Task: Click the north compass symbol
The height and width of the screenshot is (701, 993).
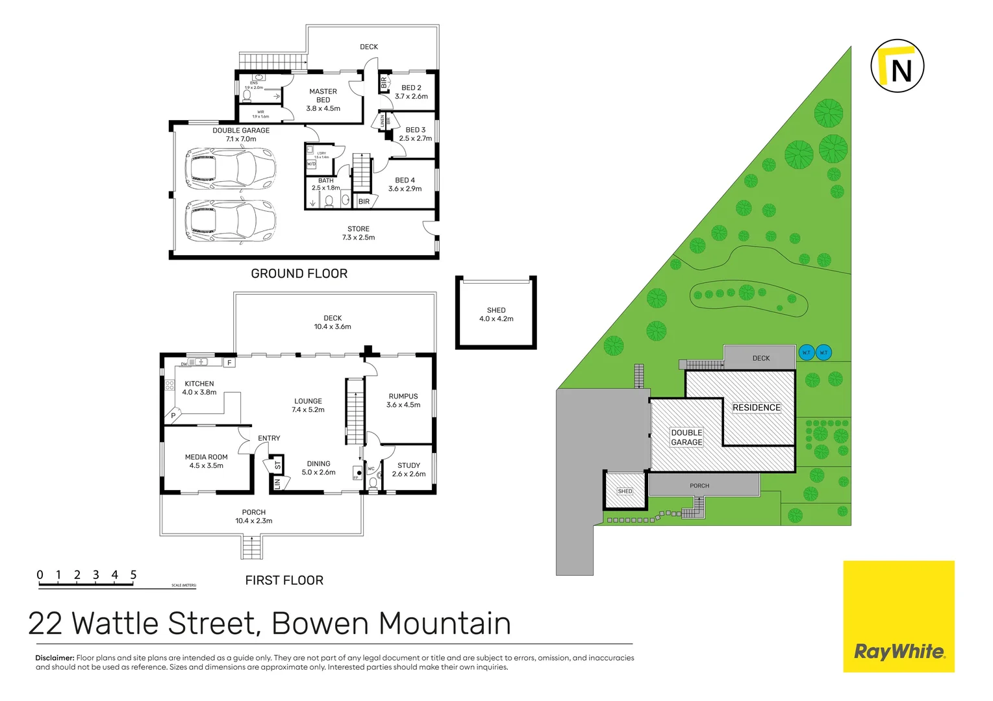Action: click(897, 66)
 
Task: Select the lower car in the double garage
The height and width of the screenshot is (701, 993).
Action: click(231, 221)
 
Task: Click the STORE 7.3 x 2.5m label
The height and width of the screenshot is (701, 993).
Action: click(358, 233)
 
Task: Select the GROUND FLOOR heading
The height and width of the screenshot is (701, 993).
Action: click(299, 274)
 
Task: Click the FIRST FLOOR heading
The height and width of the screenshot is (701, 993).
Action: click(284, 580)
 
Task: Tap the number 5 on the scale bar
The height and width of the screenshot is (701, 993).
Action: click(133, 574)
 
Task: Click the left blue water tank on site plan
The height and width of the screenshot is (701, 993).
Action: click(806, 352)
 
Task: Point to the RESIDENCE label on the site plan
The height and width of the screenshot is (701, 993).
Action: click(756, 408)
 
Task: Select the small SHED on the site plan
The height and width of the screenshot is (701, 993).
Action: click(625, 491)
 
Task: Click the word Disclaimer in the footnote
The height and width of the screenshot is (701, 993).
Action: click(55, 658)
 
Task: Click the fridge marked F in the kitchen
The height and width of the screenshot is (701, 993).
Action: click(229, 363)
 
